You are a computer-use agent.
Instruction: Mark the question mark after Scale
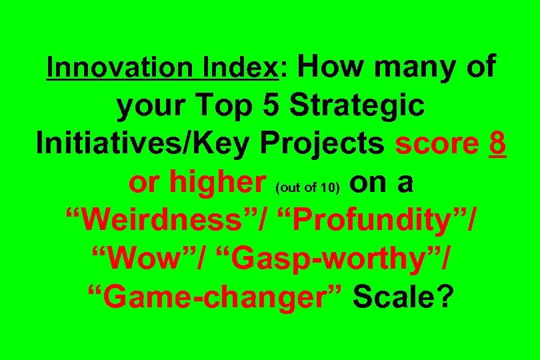pos(443,298)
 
